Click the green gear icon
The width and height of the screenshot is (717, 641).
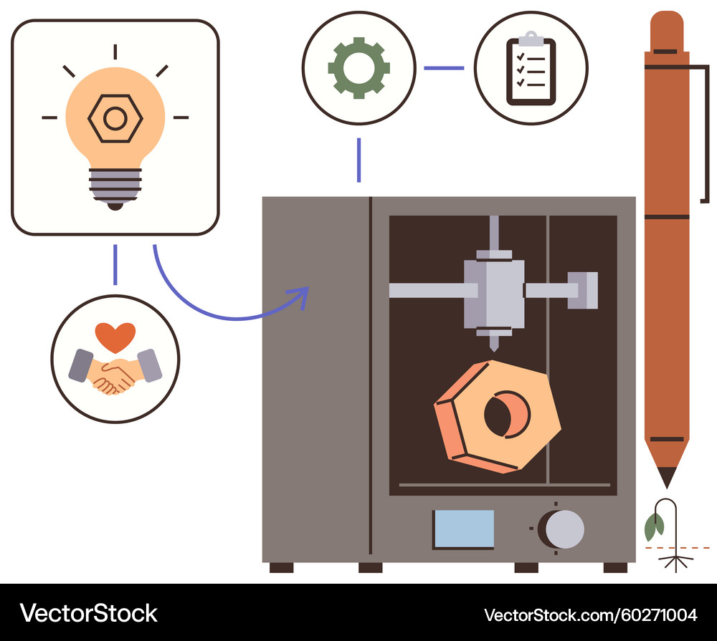click(x=358, y=68)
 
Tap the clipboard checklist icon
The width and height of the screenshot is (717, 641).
click(x=531, y=69)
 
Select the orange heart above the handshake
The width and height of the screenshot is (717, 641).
click(x=115, y=336)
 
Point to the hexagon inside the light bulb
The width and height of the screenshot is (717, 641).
click(x=115, y=119)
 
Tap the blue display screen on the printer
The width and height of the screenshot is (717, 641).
click(x=464, y=529)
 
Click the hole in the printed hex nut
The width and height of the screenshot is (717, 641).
click(x=505, y=415)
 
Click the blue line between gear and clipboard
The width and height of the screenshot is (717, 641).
click(x=444, y=69)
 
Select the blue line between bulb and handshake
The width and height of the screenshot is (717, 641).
click(x=115, y=265)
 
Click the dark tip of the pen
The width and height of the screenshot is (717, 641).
click(x=667, y=477)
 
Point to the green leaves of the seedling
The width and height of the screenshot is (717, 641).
click(x=654, y=527)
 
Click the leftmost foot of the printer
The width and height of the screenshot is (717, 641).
click(x=281, y=567)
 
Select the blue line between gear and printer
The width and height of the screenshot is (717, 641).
click(x=358, y=160)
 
